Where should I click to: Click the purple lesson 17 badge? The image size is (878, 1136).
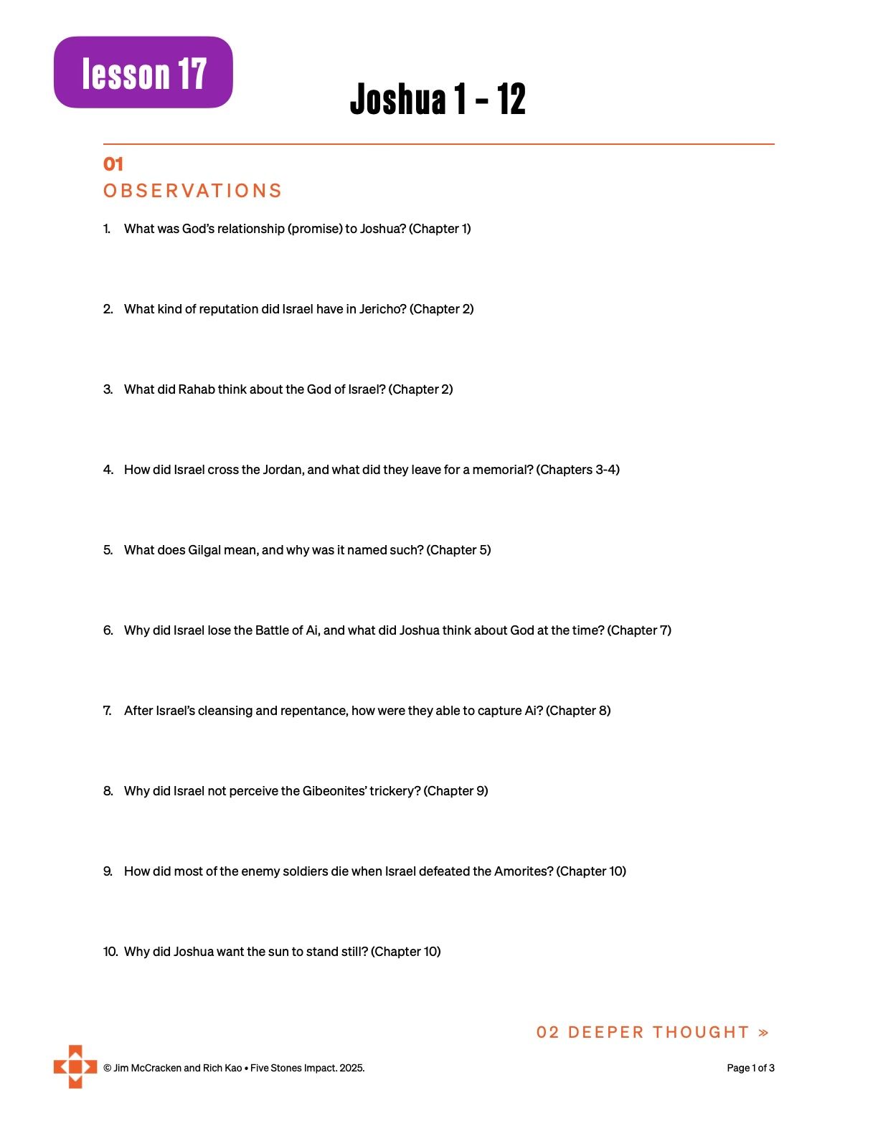143,72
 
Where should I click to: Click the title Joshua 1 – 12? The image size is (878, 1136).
438,99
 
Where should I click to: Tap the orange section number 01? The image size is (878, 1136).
113,164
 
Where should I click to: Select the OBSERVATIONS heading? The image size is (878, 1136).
192,191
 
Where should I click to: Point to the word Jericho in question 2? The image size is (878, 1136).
384,309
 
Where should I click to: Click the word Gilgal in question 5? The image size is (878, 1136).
206,550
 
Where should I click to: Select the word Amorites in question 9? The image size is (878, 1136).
523,871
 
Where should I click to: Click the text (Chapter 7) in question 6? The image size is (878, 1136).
639,630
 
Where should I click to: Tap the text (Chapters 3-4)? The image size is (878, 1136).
578,470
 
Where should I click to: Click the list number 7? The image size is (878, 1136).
108,711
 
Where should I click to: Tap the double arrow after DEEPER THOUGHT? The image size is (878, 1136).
763,1033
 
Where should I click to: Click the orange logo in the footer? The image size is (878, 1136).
75,1066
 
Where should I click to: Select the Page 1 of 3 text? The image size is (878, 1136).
750,1068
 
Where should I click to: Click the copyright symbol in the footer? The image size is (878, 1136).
107,1068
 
